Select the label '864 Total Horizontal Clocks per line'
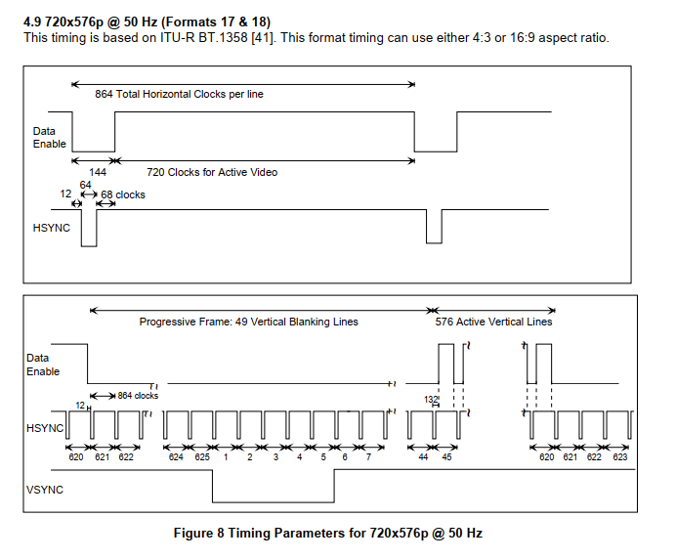(x=179, y=94)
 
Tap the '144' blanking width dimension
(x=98, y=172)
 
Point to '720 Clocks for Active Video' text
(x=212, y=172)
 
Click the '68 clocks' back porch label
(x=123, y=195)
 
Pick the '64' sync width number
(x=85, y=185)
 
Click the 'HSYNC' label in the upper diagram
(x=52, y=228)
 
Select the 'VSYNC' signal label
(x=45, y=490)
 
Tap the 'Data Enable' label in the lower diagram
(x=43, y=365)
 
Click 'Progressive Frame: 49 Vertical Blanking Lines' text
(x=248, y=322)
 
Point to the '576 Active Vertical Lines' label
(x=493, y=322)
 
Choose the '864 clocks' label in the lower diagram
(x=138, y=396)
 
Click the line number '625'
(x=202, y=456)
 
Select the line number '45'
(x=446, y=456)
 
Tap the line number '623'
(x=620, y=456)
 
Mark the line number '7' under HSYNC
(x=368, y=456)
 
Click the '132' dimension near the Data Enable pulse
(x=431, y=400)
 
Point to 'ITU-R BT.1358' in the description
(x=204, y=38)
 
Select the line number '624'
(x=176, y=456)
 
